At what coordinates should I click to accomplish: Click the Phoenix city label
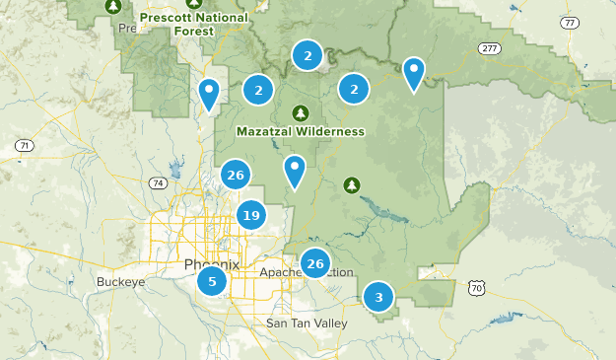click(211, 264)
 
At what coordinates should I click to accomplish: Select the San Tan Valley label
click(306, 324)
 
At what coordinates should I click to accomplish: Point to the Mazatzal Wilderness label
click(301, 131)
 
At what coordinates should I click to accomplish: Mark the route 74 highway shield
click(157, 183)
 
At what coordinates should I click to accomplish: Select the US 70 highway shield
click(477, 288)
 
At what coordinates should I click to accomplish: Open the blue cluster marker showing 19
click(250, 215)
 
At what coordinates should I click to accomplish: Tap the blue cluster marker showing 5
click(212, 281)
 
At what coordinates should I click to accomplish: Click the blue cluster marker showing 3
click(377, 296)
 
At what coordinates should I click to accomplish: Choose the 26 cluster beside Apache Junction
click(315, 263)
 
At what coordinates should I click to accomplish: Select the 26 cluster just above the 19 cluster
click(235, 176)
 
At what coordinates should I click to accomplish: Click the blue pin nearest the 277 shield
click(415, 72)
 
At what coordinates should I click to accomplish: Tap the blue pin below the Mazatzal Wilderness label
click(294, 171)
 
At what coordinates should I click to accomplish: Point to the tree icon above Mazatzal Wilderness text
click(300, 110)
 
